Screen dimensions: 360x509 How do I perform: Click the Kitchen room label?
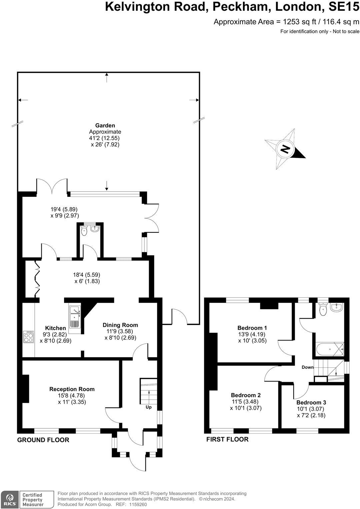pos(55,328)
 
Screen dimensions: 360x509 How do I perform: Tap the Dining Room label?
pos(120,325)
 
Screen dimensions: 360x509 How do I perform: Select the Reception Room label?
pos(72,389)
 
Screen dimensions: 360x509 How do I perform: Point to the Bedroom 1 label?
pos(252,328)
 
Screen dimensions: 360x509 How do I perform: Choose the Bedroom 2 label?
pos(246,395)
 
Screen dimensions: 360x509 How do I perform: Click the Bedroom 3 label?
pos(311,402)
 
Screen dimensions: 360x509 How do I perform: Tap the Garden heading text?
pos(105,126)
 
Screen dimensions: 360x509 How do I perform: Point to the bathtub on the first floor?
pos(330,349)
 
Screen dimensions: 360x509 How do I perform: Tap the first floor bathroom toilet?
pos(322,309)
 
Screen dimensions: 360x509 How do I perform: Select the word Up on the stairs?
pos(149,407)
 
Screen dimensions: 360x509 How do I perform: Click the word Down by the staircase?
pos(307,367)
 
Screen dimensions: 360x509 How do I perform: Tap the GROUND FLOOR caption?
pos(43,440)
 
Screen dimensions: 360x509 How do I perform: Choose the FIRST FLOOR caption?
pos(227,439)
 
